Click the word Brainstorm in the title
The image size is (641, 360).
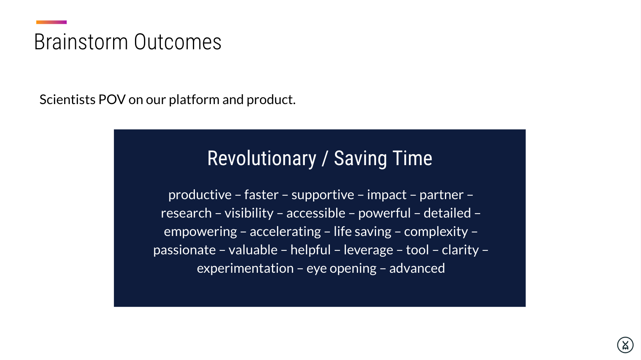(81, 42)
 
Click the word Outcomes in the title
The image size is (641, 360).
(178, 42)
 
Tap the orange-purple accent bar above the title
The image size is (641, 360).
(52, 22)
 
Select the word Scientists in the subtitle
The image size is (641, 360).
(68, 99)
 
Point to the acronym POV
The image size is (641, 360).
(112, 99)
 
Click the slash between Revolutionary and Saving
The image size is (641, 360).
(324, 158)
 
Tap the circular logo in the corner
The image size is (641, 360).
(625, 345)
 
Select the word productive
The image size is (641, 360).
(200, 195)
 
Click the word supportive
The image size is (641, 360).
(323, 195)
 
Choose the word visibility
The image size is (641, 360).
(249, 213)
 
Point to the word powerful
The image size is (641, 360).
(384, 213)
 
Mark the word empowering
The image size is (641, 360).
(200, 232)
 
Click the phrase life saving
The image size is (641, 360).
(362, 232)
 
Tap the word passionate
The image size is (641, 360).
(184, 250)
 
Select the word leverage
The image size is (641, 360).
(368, 250)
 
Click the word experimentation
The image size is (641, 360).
(245, 268)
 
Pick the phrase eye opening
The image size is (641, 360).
(341, 268)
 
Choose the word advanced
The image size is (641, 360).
(417, 268)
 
